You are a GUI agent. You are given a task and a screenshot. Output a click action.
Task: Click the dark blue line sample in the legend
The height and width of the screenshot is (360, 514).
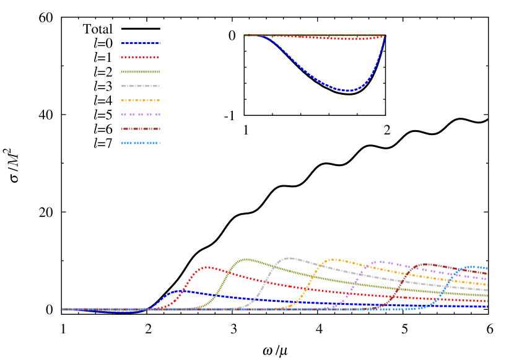point(141,43)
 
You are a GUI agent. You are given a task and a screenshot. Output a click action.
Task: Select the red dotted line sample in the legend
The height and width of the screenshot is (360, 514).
point(141,58)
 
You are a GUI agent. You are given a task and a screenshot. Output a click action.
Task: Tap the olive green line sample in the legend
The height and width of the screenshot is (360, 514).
point(141,72)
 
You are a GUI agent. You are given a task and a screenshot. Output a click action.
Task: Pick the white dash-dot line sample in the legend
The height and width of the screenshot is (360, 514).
point(141,86)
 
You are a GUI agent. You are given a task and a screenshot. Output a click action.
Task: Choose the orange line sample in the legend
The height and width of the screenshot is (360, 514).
point(141,100)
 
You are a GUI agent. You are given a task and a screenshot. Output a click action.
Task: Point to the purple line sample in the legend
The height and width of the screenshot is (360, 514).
point(141,115)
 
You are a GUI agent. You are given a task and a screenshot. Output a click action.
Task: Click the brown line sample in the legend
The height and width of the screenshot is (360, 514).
point(141,129)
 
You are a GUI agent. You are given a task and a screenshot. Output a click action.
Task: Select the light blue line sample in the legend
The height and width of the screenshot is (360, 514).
point(141,143)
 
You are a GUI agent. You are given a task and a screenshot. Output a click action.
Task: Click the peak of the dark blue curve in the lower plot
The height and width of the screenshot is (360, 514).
point(178,290)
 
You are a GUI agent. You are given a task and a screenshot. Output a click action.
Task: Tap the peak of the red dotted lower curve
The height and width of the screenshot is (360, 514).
point(207,267)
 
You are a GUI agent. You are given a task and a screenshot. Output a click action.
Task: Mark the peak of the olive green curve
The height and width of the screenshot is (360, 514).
point(246,259)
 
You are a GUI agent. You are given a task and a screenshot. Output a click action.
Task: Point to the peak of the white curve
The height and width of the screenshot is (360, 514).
point(290,258)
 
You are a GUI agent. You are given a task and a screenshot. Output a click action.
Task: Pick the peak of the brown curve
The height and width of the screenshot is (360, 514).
point(426,264)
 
